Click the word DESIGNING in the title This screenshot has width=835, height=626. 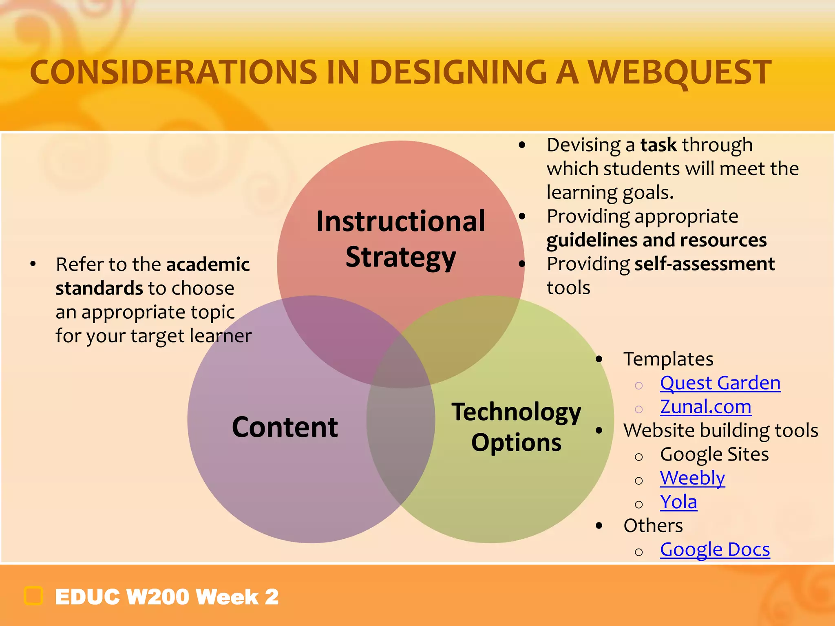point(458,73)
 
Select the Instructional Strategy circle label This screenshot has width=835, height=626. point(401,239)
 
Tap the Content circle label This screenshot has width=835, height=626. point(285,427)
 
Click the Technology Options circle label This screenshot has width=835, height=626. point(516,427)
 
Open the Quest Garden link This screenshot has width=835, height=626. point(720,383)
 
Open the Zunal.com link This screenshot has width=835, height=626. point(705,407)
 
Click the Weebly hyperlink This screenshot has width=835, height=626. point(692,478)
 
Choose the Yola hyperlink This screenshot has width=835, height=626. point(678,502)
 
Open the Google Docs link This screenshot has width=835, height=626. point(715,549)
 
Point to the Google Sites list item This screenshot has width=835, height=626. point(714,454)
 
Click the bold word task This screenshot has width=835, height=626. point(658,145)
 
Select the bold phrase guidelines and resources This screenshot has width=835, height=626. point(656,240)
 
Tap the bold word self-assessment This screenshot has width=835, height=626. point(705,264)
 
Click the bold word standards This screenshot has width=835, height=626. point(99,288)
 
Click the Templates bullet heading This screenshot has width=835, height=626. point(668,359)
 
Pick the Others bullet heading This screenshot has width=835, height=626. point(653,526)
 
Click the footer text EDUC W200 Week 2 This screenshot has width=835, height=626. point(167,597)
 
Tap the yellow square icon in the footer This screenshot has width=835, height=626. point(33,596)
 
